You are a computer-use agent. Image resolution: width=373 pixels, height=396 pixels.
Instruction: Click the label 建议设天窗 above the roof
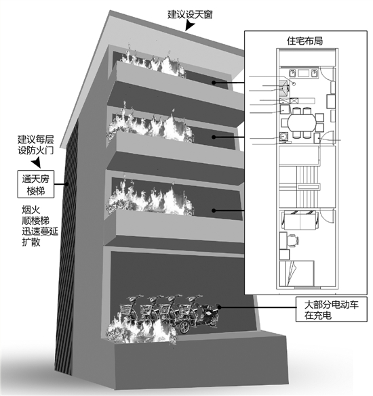click(x=190, y=14)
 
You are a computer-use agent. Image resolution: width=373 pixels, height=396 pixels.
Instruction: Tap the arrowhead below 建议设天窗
click(x=190, y=26)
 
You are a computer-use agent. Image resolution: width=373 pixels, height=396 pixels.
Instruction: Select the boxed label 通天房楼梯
click(x=36, y=184)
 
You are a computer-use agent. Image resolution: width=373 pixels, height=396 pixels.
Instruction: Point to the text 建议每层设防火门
click(x=36, y=145)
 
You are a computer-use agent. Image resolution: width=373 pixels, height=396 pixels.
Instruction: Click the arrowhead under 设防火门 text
click(x=36, y=162)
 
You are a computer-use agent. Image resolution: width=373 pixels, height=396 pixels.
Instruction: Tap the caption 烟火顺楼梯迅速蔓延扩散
click(x=40, y=226)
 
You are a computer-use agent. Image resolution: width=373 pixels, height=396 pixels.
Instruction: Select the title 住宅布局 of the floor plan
click(x=305, y=41)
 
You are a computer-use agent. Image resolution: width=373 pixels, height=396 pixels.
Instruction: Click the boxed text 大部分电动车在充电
click(x=331, y=309)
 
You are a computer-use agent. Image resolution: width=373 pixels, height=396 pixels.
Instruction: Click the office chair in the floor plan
click(x=292, y=240)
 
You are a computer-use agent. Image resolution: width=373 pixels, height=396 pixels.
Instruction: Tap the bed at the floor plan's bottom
click(x=297, y=273)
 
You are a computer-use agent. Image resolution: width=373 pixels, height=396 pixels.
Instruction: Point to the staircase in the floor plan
click(x=307, y=187)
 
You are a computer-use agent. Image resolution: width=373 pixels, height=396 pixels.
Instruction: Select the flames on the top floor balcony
click(x=151, y=62)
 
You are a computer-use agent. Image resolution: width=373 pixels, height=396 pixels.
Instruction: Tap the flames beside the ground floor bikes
click(x=141, y=329)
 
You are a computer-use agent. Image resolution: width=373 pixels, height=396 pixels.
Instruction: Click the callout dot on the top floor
click(x=214, y=83)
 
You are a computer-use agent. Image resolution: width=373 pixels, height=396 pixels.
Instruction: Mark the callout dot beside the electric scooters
click(x=220, y=307)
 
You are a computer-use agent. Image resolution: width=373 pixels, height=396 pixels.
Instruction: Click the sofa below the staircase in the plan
click(x=300, y=220)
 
